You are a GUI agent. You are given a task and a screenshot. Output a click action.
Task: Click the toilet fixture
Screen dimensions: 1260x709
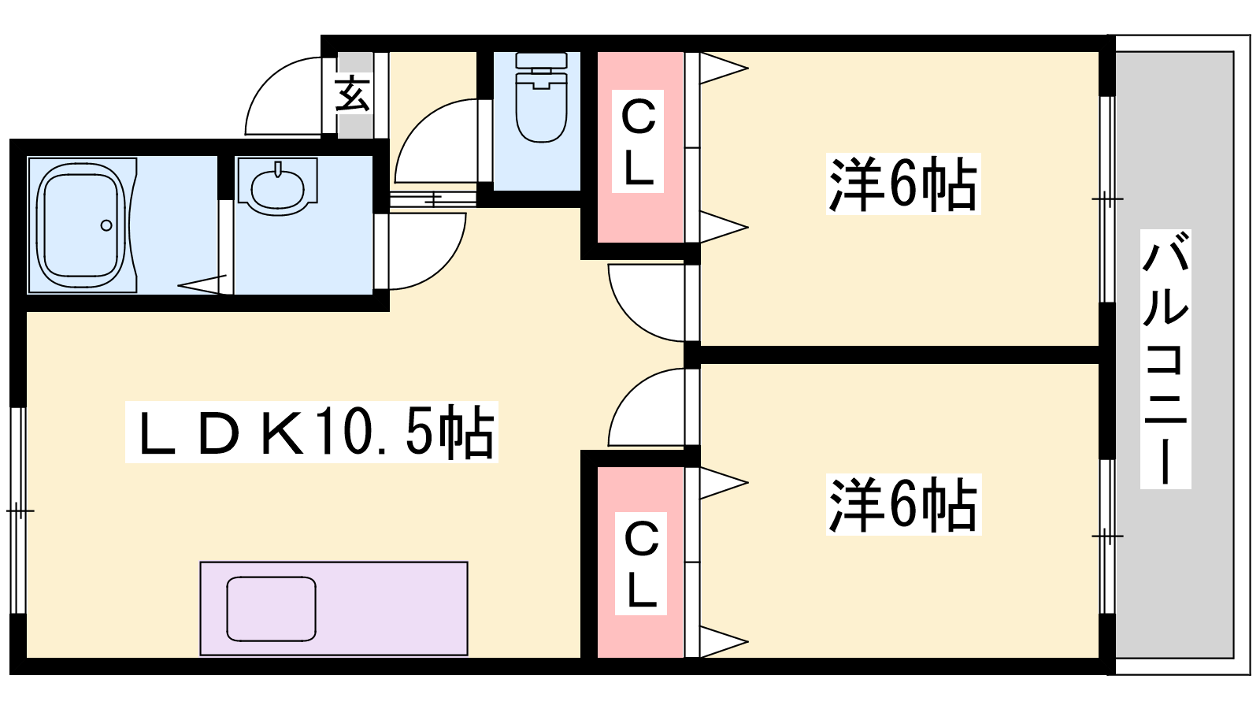pyautogui.click(x=541, y=98)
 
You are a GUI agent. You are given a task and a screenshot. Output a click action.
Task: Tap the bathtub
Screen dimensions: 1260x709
pyautogui.click(x=82, y=225)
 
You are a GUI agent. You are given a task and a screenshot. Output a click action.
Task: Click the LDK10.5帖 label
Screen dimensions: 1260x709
pyautogui.click(x=311, y=432)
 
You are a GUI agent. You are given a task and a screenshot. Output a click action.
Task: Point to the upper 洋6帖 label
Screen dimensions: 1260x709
pyautogui.click(x=902, y=184)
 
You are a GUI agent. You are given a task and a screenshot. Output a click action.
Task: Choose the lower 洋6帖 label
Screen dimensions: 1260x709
pyautogui.click(x=903, y=505)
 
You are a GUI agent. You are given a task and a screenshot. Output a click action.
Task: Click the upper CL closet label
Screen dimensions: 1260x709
pyautogui.click(x=638, y=141)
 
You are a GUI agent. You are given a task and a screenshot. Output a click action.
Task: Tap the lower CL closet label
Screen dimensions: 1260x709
pyautogui.click(x=641, y=563)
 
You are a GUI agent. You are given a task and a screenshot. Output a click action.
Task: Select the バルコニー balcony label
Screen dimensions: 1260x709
pyautogui.click(x=1165, y=358)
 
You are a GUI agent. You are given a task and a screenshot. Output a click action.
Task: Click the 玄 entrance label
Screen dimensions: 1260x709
pyautogui.click(x=353, y=94)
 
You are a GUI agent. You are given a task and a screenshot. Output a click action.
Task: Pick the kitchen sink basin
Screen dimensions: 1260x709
pyautogui.click(x=271, y=609)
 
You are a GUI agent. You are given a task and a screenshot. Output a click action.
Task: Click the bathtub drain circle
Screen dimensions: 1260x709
pyautogui.click(x=106, y=225)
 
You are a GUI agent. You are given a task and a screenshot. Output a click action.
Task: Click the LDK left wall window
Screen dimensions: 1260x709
pyautogui.click(x=19, y=510)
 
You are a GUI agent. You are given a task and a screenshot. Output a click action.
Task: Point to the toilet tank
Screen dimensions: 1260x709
pyautogui.click(x=541, y=61)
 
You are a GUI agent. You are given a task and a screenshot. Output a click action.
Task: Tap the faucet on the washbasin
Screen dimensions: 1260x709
pyautogui.click(x=278, y=169)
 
